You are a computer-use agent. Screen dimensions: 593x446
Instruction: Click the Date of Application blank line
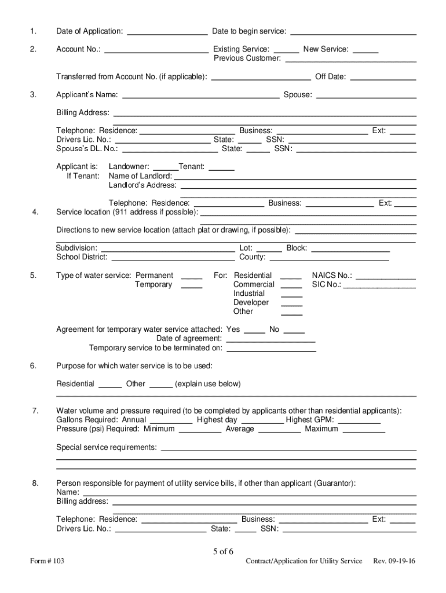pyautogui.click(x=167, y=32)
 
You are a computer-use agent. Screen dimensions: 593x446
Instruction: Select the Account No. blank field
pyautogui.click(x=156, y=50)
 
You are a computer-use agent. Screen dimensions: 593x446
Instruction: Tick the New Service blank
pyautogui.click(x=365, y=50)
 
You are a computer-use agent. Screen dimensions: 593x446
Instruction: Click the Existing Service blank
pyautogui.click(x=286, y=50)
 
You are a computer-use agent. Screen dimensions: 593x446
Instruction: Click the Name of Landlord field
pyautogui.click(x=295, y=177)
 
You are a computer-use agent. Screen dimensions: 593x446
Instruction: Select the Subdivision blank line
pyautogui.click(x=168, y=249)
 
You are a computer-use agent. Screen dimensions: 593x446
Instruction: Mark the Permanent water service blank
pyautogui.click(x=192, y=277)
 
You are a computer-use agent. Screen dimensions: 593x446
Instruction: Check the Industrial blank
pyautogui.click(x=292, y=295)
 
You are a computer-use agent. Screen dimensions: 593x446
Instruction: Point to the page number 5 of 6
pyautogui.click(x=223, y=551)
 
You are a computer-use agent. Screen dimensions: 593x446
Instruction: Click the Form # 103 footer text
pyautogui.click(x=48, y=561)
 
